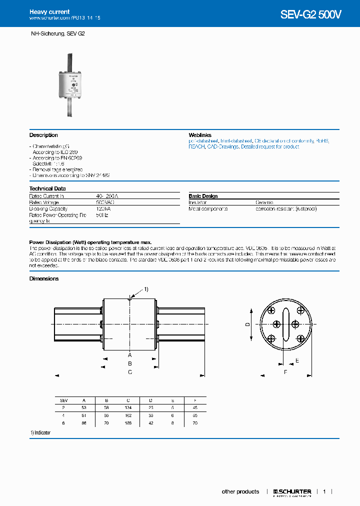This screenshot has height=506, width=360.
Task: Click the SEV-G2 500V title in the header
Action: (310, 14)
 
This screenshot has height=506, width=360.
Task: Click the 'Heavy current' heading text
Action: (49, 11)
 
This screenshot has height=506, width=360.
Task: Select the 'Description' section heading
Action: (43, 135)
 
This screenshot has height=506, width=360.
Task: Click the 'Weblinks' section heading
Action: (200, 135)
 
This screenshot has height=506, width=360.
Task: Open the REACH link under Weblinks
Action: (196, 146)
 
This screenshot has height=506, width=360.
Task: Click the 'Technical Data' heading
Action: (47, 188)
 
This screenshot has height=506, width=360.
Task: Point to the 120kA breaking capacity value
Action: (102, 208)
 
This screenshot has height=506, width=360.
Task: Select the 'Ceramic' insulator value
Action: (264, 202)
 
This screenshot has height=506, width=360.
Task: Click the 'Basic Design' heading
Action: (203, 196)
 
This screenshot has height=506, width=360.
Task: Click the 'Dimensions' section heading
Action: (44, 278)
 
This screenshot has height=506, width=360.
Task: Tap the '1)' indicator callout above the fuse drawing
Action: (146, 289)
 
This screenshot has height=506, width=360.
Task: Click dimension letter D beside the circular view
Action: (247, 324)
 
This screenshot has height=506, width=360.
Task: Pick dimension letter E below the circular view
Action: (297, 360)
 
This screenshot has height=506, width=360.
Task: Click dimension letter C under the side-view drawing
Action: (129, 372)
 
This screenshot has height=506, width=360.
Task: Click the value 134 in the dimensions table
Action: (128, 408)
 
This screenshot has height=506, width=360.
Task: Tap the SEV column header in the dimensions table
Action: (63, 400)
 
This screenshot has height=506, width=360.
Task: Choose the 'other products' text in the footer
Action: (240, 491)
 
